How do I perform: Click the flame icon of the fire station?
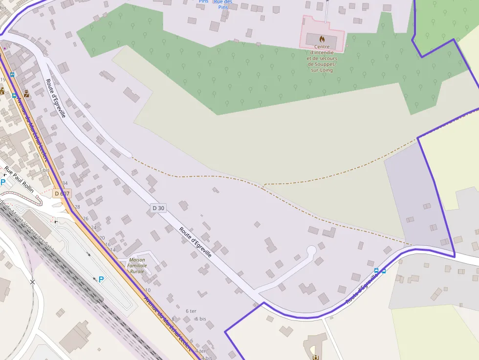pos(322,39)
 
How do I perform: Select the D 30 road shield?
pos(158,208)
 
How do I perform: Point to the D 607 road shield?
pos(63,193)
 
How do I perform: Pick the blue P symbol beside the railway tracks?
pos(101,279)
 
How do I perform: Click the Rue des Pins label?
pos(223,4)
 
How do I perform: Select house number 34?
pos(65,183)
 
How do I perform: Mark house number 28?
pos(77,207)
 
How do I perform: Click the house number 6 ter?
pos(191,311)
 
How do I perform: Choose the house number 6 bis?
pos(200,318)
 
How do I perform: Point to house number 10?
pos(148,290)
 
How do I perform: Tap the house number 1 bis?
pos(44,170)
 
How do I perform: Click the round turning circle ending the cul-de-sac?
pos(311,251)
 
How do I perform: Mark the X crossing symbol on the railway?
pos(32,282)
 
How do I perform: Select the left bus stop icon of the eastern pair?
pos(376,270)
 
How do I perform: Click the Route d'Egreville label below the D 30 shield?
pos(195,242)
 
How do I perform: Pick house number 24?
pos(93,227)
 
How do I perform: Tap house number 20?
pos(102,237)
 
